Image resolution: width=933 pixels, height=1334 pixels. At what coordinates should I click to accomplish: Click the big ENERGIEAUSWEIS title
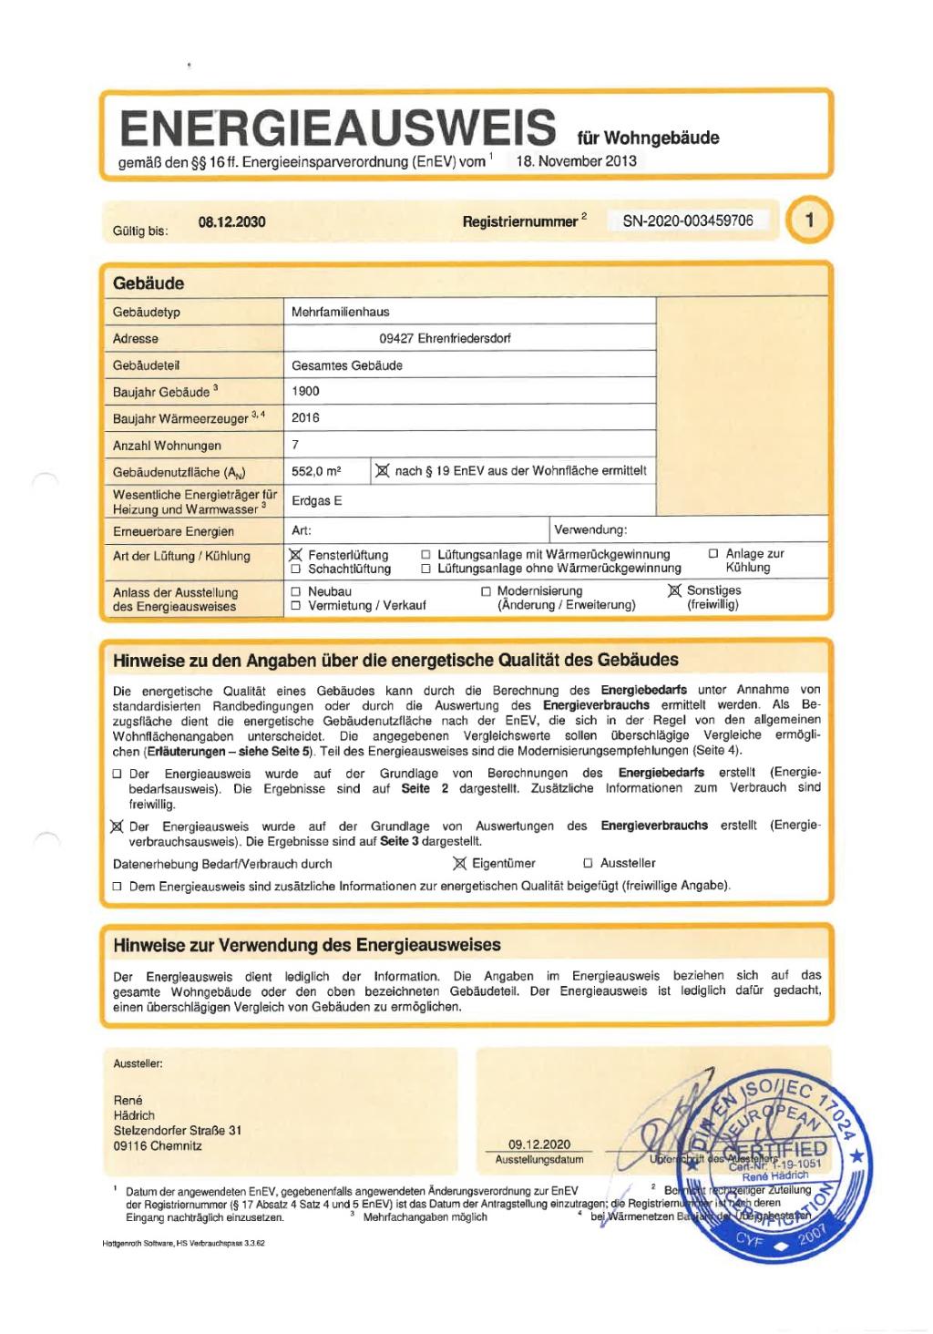tap(337, 128)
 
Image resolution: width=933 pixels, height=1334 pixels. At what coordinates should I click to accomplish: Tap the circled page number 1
tap(809, 221)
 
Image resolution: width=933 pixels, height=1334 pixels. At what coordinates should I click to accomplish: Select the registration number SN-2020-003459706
tap(688, 221)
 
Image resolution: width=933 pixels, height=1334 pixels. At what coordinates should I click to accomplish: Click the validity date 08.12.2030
tap(231, 222)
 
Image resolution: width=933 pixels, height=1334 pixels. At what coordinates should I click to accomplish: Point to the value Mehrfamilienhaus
tap(340, 312)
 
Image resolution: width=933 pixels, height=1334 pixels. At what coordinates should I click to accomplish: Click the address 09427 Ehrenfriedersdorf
tap(445, 338)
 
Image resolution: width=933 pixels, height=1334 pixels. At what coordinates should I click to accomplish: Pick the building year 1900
tap(305, 391)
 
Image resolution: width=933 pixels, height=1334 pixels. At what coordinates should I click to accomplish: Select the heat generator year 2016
tap(305, 417)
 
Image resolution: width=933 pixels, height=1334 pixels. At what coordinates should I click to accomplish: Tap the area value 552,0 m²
tap(316, 471)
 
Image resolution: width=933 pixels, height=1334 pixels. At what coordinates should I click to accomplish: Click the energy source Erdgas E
tap(316, 501)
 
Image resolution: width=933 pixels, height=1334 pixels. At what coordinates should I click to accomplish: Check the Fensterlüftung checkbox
tap(295, 554)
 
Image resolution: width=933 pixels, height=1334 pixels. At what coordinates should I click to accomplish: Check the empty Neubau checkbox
tap(295, 591)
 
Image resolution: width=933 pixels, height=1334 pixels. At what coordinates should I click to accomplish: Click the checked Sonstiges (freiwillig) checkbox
tap(674, 591)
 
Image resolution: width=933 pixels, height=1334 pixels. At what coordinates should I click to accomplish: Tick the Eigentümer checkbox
tap(459, 863)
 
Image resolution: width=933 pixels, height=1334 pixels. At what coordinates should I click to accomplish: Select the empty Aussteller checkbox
tap(588, 863)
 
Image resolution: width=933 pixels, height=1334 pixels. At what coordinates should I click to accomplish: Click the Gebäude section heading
tap(149, 283)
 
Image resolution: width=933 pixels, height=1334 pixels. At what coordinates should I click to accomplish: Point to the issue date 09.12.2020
tap(539, 1144)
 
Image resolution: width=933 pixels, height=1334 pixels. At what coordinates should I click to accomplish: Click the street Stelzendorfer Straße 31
tap(178, 1131)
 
